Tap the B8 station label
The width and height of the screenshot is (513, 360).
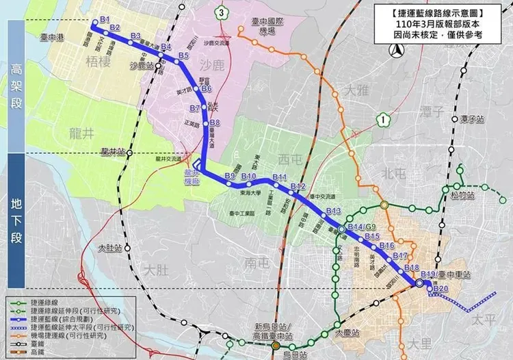pos(215,123)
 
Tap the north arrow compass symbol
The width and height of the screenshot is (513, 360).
pos(394,49)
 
